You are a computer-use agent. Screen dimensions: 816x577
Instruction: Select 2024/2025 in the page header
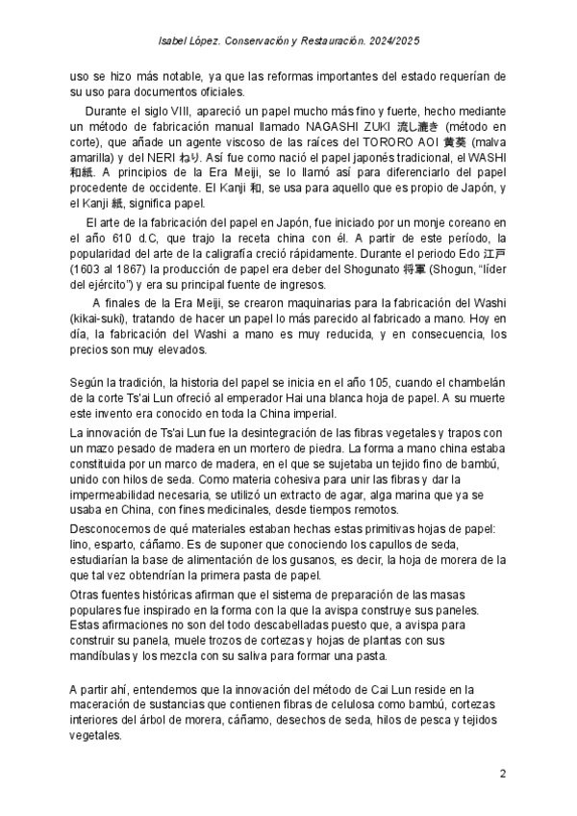(x=391, y=42)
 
